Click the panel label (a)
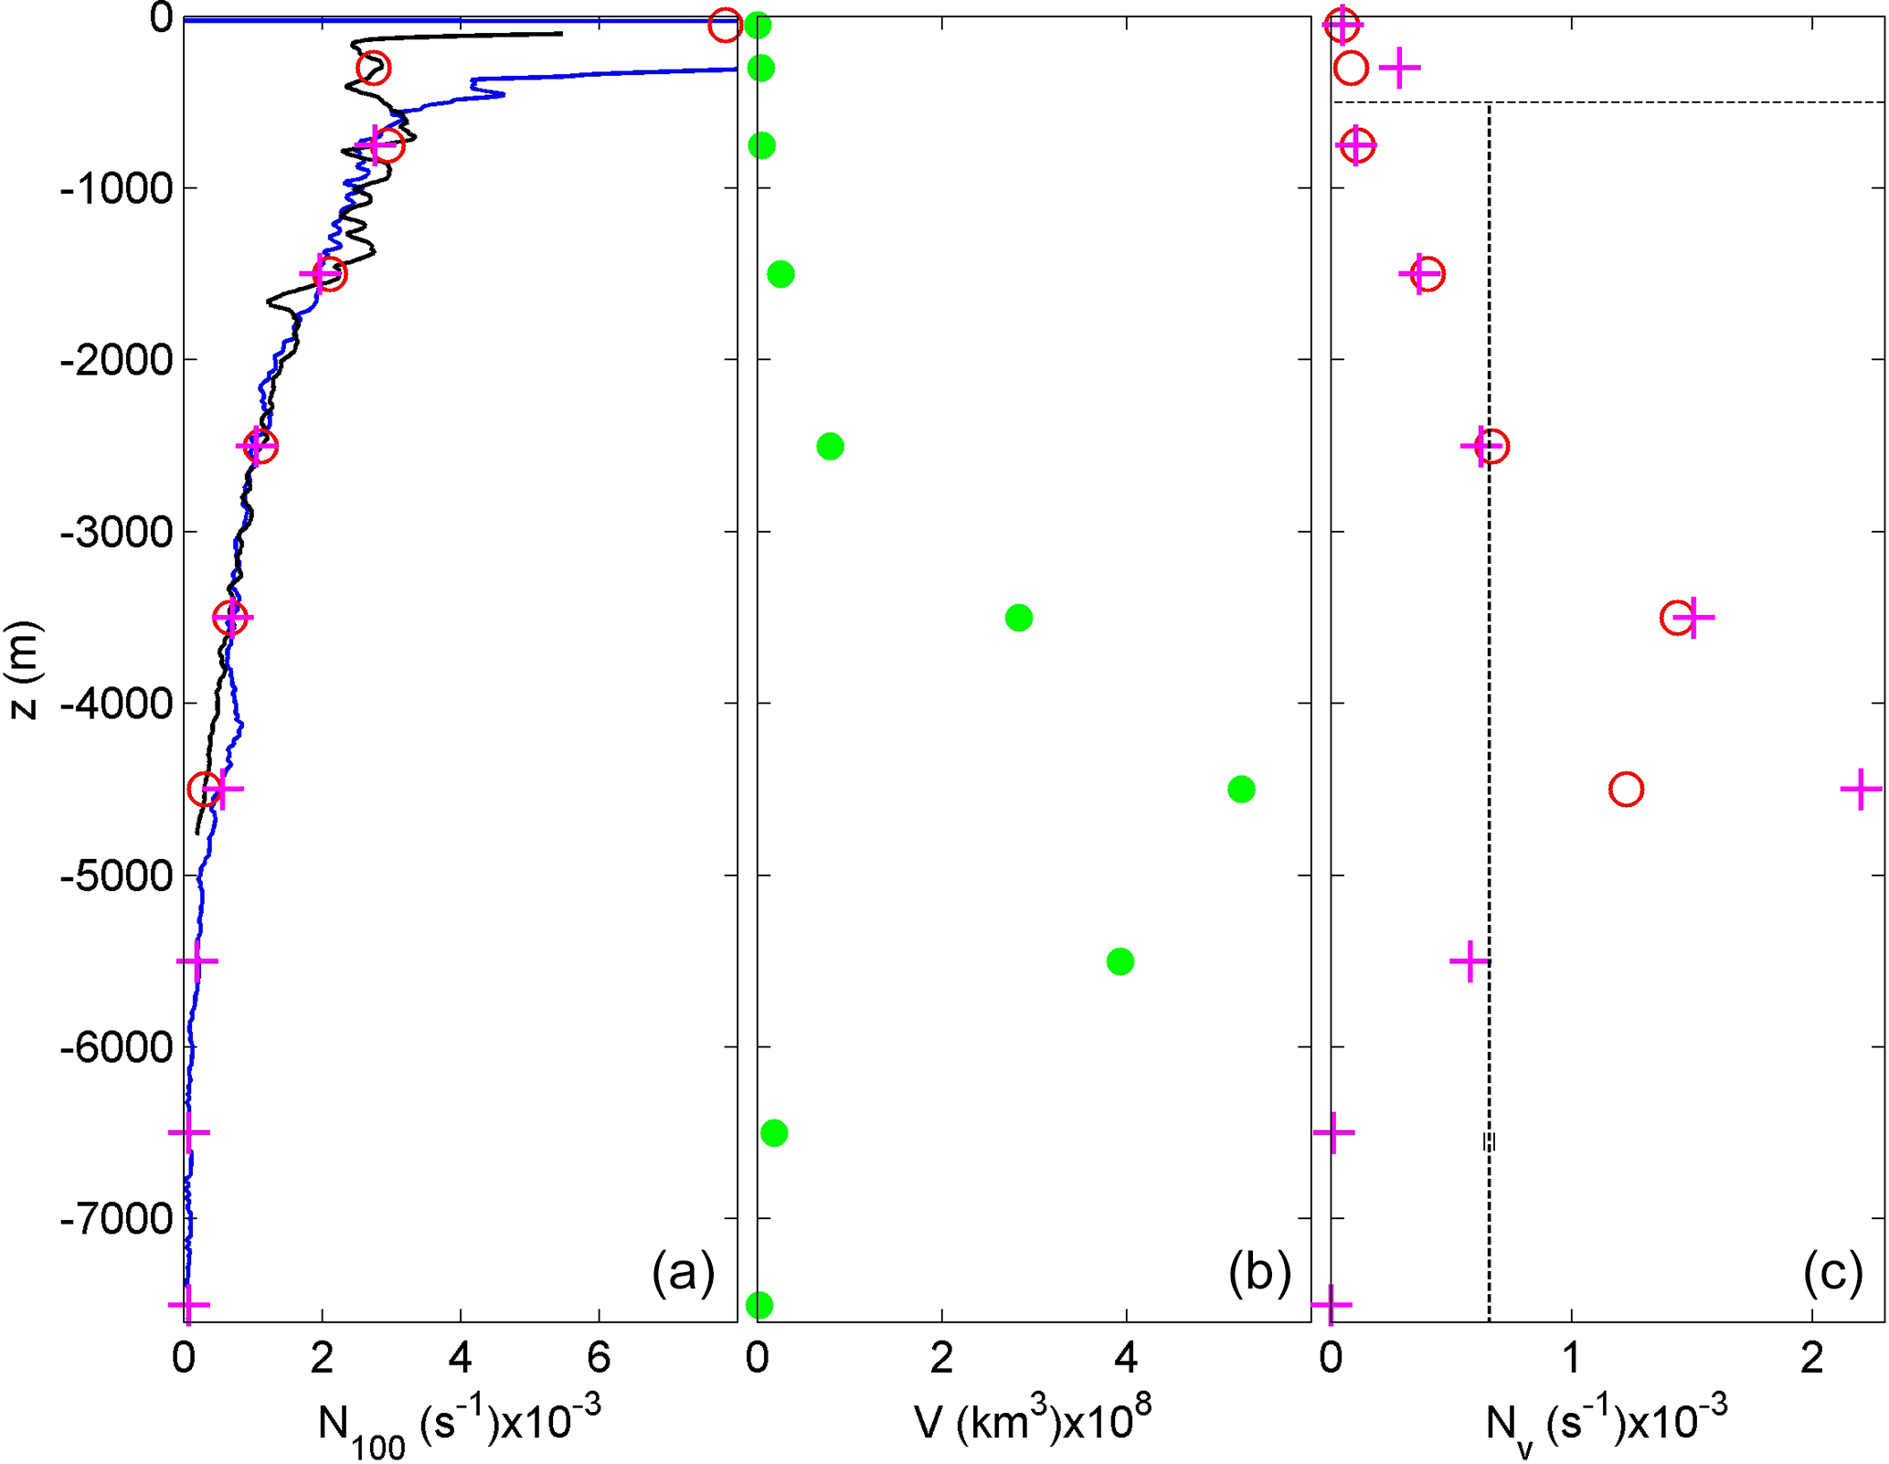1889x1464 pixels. point(683,1272)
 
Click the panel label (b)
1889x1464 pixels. point(1258,1272)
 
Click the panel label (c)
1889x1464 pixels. point(1832,1272)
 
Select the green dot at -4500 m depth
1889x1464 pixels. point(1240,789)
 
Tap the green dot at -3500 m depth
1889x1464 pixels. point(1018,618)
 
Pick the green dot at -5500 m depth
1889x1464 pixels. point(1120,961)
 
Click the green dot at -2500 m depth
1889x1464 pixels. point(829,446)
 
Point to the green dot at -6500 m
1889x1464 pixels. point(773,1133)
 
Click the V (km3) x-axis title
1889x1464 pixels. point(1032,1422)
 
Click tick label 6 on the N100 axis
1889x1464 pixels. point(599,1359)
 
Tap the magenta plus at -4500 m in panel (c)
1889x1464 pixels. point(1861,789)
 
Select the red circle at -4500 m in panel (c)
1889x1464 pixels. point(1626,789)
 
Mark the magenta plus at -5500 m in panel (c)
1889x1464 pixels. point(1470,961)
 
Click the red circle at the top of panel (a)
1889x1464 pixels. point(725,25)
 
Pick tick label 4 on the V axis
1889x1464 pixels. point(1126,1359)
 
